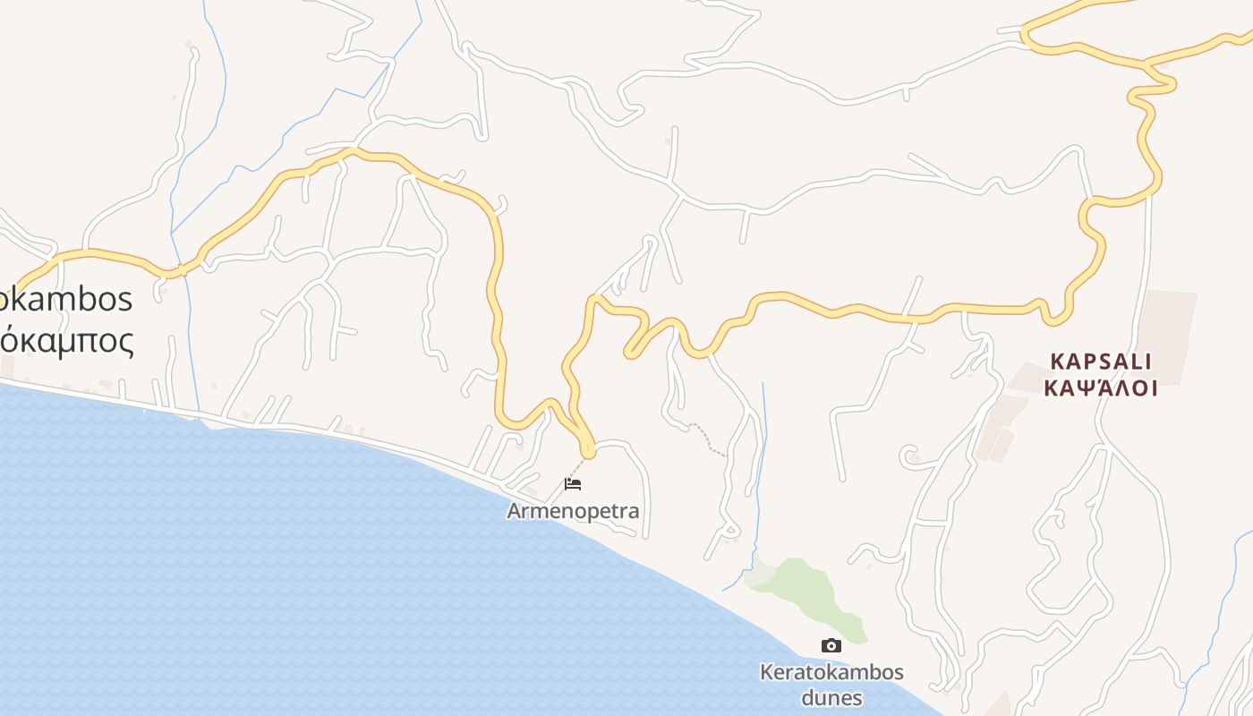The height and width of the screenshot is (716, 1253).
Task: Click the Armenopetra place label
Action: pos(573,511)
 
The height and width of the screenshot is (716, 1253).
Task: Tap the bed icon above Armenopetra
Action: pos(573,484)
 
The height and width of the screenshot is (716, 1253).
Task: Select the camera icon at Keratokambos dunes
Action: pos(831,645)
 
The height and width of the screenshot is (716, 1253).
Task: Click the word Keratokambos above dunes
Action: pos(831,672)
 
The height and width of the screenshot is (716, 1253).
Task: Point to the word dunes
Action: pos(831,697)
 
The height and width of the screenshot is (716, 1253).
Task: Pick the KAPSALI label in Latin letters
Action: pos(1101,362)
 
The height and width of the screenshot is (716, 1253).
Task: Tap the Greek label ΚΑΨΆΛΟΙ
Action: pos(1101,388)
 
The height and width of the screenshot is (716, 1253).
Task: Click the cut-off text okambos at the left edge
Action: pos(66,299)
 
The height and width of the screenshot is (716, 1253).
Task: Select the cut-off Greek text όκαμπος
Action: pos(66,341)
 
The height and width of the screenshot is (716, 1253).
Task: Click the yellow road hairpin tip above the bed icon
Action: pos(587,448)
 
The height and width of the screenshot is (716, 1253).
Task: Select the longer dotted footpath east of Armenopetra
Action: pos(707,439)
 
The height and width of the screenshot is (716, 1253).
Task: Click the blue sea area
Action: pos(268,573)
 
